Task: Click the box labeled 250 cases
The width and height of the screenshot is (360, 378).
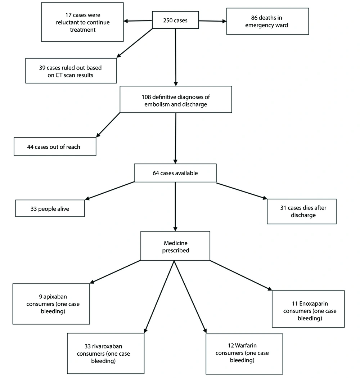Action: tap(175, 20)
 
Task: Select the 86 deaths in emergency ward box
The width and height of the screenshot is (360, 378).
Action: tap(267, 21)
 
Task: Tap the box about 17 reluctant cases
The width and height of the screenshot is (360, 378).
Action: tap(82, 22)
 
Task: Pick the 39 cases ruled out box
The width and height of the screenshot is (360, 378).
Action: tap(71, 71)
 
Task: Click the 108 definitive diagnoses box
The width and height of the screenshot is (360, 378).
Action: tap(176, 99)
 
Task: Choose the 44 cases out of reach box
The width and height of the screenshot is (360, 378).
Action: tap(55, 147)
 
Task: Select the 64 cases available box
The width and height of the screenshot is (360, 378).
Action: tap(175, 173)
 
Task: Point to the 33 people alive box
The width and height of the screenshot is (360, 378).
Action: tap(50, 208)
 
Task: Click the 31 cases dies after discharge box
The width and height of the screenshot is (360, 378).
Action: tap(302, 211)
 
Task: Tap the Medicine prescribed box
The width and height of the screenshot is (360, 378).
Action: tap(175, 246)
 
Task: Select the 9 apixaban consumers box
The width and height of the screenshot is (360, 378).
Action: tap(51, 304)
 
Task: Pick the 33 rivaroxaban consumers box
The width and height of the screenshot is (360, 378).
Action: tap(105, 354)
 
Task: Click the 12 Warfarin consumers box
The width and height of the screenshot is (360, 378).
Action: tap(244, 354)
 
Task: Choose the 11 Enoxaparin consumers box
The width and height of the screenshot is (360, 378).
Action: tap(308, 309)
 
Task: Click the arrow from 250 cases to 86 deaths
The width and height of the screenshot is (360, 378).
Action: tap(213, 21)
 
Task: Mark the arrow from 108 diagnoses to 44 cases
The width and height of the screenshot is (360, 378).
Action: tap(108, 125)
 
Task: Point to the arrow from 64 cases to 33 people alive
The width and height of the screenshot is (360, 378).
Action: tap(110, 191)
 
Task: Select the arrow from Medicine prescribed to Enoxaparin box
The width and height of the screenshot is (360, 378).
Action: tap(241, 275)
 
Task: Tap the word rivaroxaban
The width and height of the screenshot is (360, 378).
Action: tap(107, 346)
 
